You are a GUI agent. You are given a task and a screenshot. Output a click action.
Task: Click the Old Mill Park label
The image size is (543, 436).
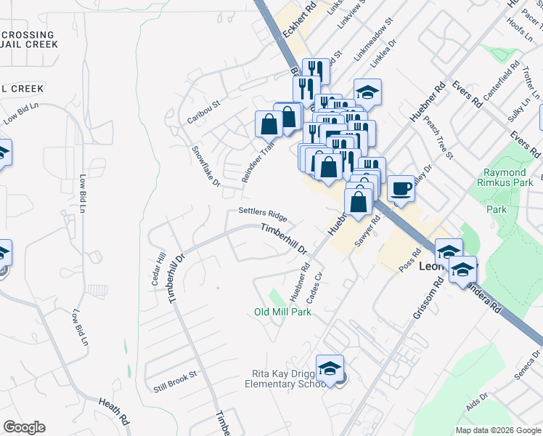coord(282,312)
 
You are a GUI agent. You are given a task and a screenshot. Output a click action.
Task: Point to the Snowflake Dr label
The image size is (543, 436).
coord(205,166)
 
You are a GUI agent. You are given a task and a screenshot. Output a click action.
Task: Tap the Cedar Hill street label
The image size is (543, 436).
coord(158,269)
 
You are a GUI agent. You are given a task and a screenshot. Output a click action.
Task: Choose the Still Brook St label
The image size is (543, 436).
coord(171,380)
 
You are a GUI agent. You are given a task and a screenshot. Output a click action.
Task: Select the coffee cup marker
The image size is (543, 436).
coord(401,190)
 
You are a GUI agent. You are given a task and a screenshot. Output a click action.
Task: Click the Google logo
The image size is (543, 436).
coord(24,427)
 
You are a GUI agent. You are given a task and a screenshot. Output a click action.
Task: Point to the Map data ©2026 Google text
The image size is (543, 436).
coord(498,430)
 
